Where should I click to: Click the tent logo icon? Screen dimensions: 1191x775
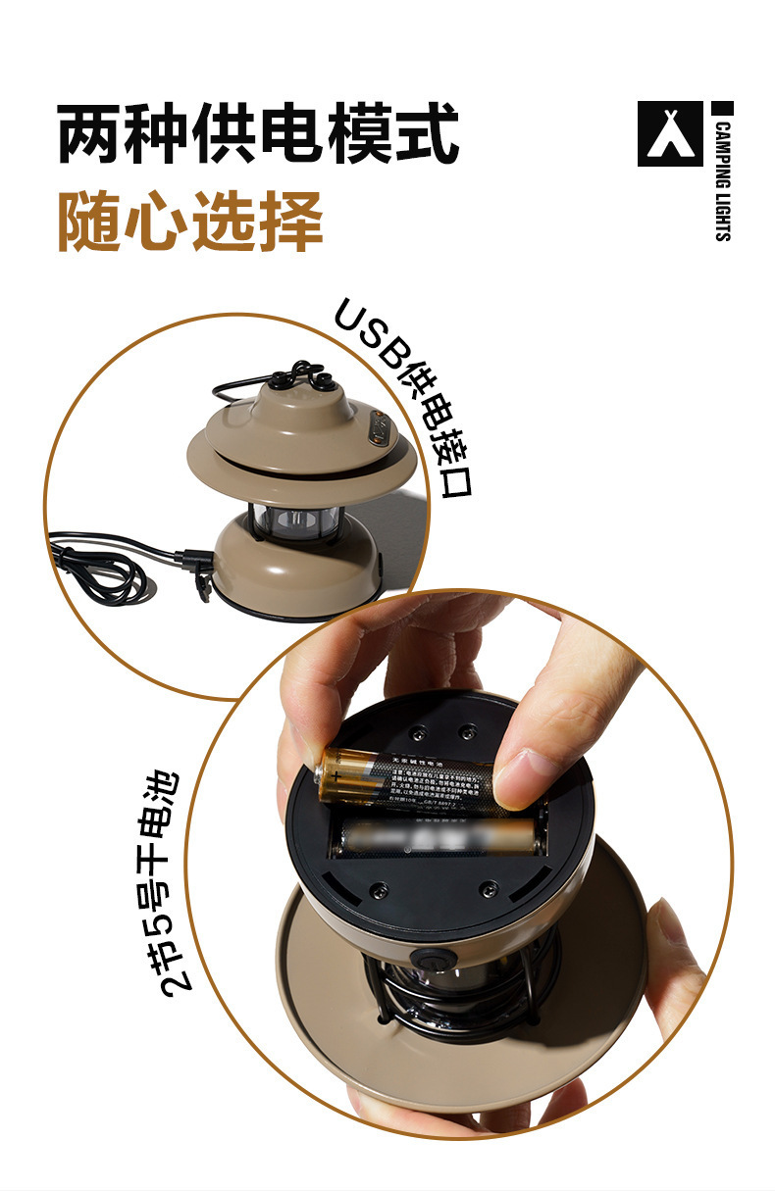pos(670,133)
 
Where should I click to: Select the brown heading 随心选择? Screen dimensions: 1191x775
pos(190,221)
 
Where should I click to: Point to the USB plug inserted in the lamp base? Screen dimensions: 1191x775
pos(196,561)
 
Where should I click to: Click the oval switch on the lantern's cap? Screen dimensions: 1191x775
pos(378,428)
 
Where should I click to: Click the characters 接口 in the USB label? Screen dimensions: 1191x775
pos(447,467)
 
